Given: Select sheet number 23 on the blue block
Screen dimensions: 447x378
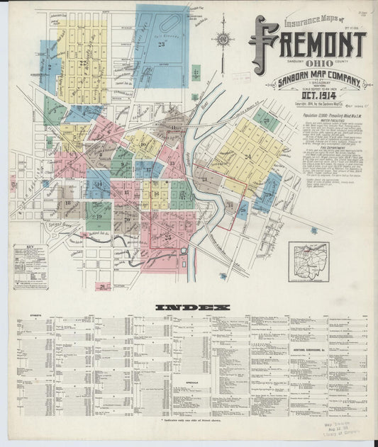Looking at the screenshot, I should click(x=162, y=45).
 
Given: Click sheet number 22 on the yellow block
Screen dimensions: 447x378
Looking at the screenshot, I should click(x=84, y=64).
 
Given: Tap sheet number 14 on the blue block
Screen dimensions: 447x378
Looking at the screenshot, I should click(x=99, y=184).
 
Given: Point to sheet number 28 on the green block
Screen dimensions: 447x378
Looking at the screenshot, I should click(x=266, y=120).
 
